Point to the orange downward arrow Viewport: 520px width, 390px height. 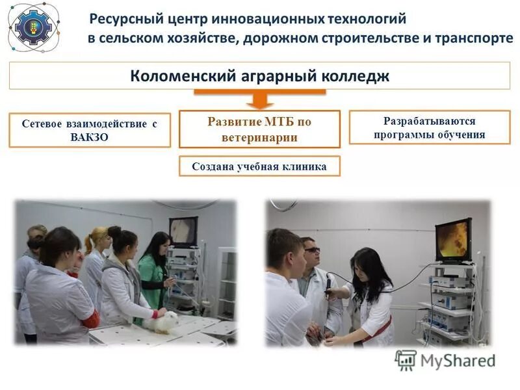[x=259, y=99]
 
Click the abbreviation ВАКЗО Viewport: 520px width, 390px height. [x=89, y=137]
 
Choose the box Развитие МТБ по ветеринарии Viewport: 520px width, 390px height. [x=259, y=129]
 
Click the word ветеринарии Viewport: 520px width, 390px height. [x=259, y=137]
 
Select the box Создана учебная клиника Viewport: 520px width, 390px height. [x=259, y=166]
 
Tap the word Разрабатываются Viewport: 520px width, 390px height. [x=429, y=121]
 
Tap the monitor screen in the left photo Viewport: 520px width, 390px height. [x=183, y=231]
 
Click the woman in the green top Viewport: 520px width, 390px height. [x=153, y=273]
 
